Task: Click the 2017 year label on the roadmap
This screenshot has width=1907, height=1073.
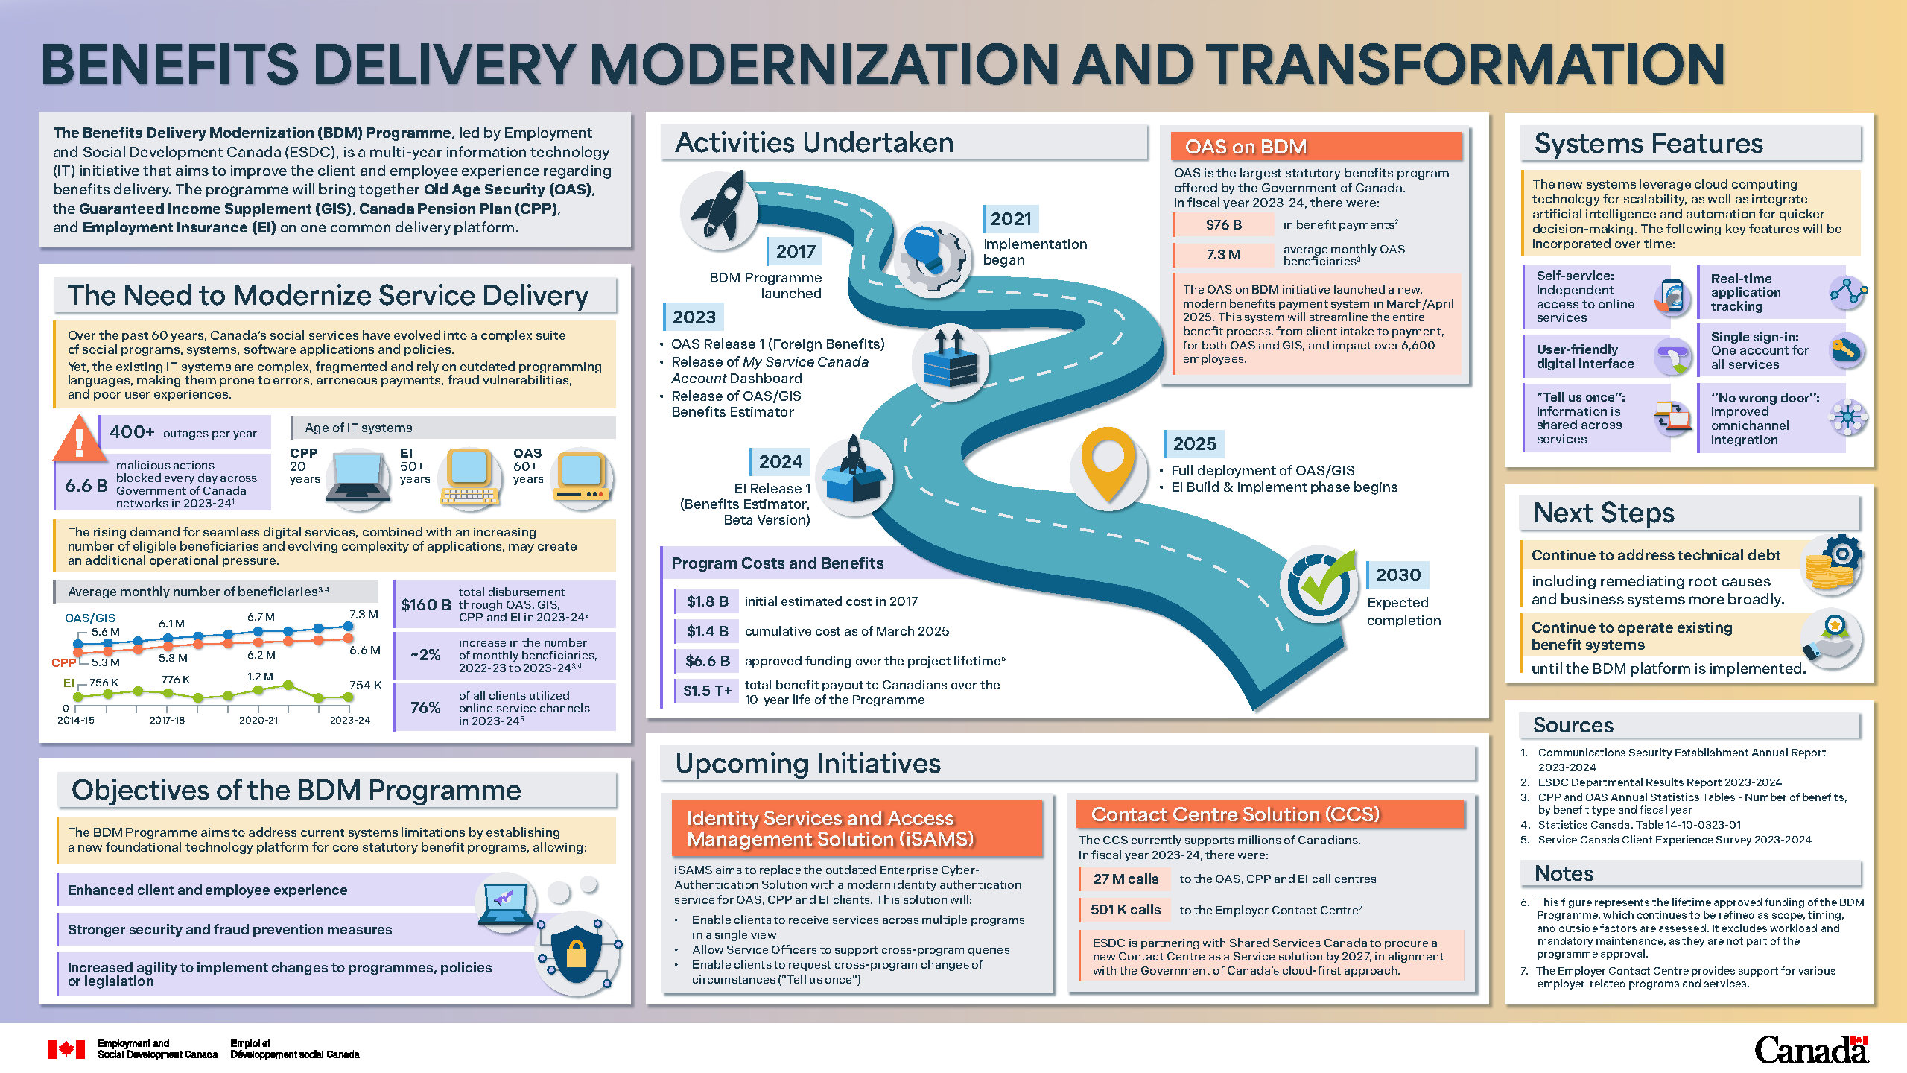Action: click(x=796, y=252)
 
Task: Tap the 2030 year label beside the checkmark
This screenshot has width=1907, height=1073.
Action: click(x=1397, y=575)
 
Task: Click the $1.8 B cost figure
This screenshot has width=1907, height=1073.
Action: click(x=707, y=601)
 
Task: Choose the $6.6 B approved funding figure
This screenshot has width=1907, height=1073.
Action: click(x=707, y=661)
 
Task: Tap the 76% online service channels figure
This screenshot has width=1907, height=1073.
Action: click(x=425, y=708)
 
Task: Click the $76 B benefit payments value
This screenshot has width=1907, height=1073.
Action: click(x=1224, y=225)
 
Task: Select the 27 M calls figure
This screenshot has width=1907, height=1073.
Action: click(x=1126, y=879)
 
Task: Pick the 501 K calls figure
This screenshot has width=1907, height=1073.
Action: click(x=1126, y=910)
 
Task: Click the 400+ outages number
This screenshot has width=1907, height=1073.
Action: click(x=132, y=432)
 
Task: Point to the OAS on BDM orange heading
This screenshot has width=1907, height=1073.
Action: click(x=1246, y=148)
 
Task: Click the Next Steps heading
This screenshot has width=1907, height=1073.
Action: click(x=1603, y=513)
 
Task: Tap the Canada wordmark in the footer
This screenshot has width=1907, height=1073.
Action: click(x=1811, y=1051)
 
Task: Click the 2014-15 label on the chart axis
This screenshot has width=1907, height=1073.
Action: click(x=76, y=721)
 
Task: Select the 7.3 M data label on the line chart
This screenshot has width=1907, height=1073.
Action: click(x=364, y=615)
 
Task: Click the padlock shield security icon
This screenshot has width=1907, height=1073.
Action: click(x=577, y=953)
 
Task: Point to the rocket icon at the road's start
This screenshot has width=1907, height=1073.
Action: click(x=720, y=208)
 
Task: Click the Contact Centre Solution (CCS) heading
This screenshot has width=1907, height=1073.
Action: click(x=1235, y=815)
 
